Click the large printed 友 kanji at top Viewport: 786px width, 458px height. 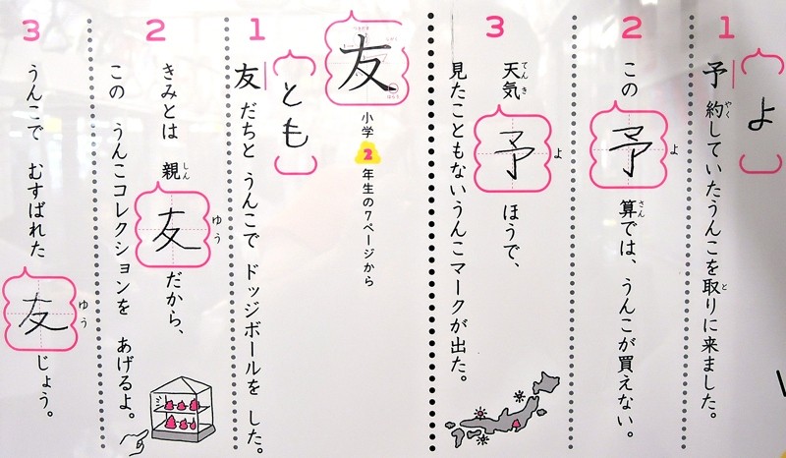[365, 67]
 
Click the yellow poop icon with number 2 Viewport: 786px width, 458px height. [365, 153]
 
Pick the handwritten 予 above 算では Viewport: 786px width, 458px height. [629, 149]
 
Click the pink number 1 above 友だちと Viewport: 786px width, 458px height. [256, 30]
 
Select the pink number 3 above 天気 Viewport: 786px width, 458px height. [494, 29]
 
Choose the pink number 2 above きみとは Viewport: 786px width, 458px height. [155, 30]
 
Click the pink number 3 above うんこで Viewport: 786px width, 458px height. [31, 31]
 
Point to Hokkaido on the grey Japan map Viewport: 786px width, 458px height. [546, 382]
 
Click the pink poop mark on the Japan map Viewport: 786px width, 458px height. [515, 425]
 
